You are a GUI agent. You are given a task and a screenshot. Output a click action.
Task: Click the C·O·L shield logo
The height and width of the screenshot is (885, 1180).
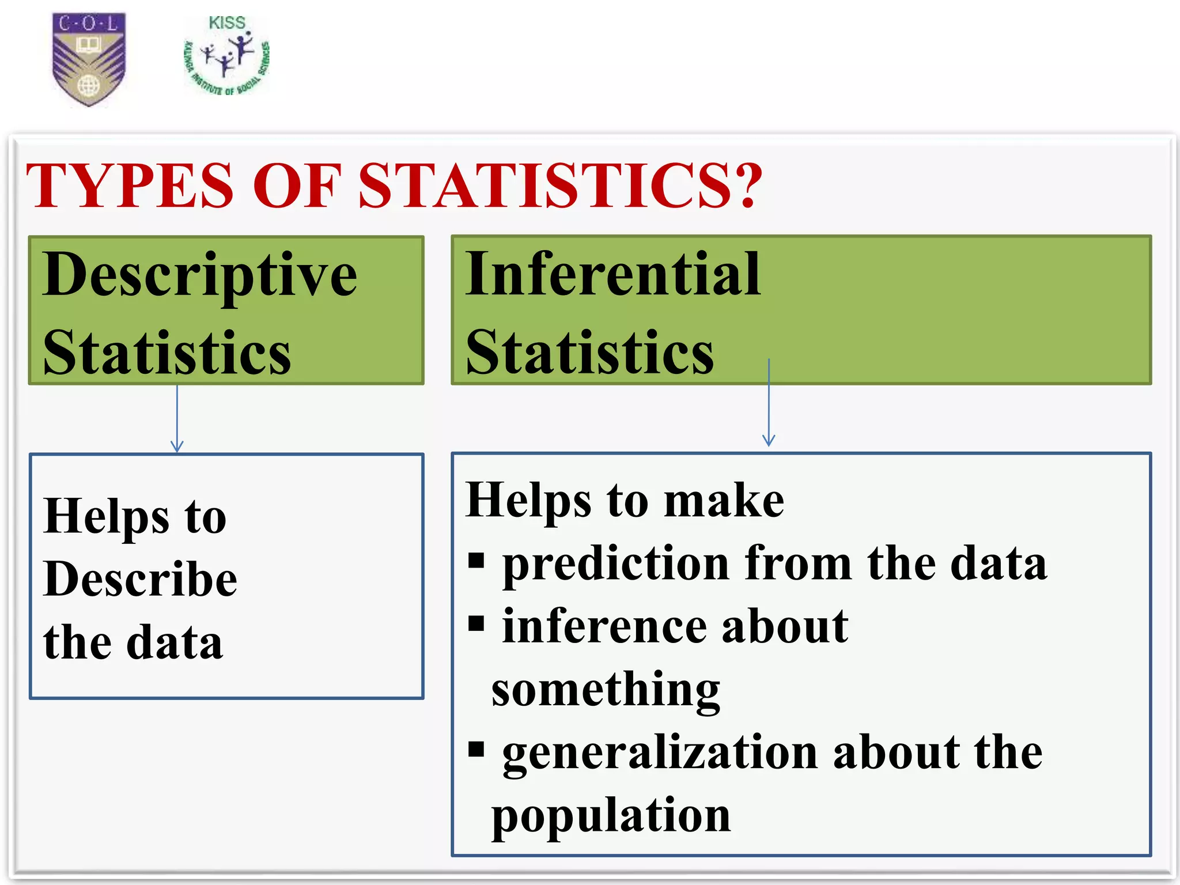coord(89,59)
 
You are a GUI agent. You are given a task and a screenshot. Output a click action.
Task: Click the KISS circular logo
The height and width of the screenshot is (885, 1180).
coord(227,56)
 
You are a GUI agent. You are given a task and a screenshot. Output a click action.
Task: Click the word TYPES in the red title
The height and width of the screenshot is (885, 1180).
coord(130,186)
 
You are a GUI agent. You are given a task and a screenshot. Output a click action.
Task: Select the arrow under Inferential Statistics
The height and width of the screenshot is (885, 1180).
coord(769,403)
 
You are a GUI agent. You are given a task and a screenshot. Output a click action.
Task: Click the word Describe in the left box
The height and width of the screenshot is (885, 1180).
coord(140,579)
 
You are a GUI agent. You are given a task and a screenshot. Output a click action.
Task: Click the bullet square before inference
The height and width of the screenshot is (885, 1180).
coord(476,623)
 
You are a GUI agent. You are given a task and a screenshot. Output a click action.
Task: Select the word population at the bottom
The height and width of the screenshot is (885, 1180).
coord(611,816)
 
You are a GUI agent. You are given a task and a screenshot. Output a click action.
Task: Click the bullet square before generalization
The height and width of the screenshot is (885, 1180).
coord(476,749)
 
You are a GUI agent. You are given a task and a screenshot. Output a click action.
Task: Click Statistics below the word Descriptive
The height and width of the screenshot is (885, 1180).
coord(167,353)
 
